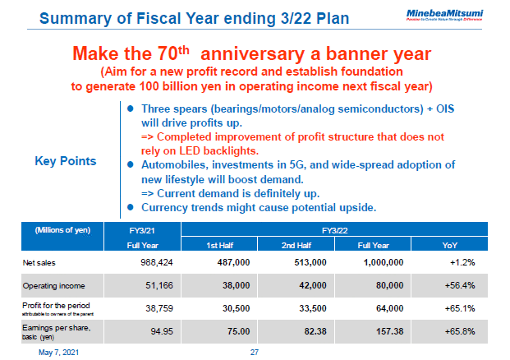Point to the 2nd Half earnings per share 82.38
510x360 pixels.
click(x=305, y=332)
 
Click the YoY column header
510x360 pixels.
click(x=454, y=245)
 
